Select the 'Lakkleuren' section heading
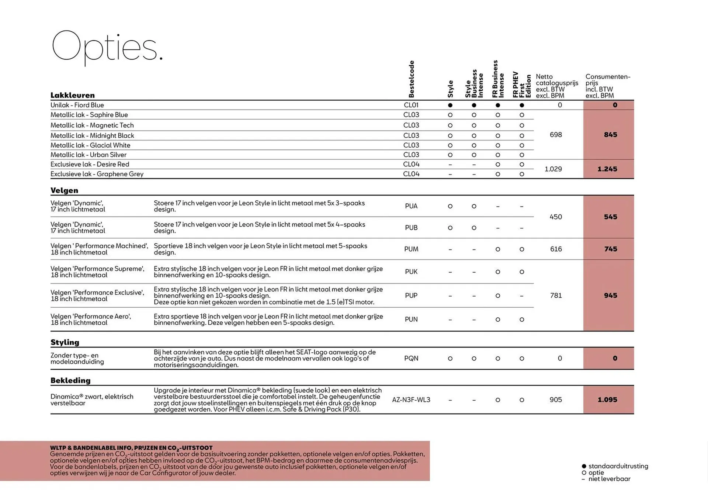tap(73, 95)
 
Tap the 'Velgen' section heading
tap(65, 190)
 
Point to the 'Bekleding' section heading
tap(70, 380)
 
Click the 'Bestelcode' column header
tap(412, 79)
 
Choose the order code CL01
tap(411, 105)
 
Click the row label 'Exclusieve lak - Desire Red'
tap(90, 164)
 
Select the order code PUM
tap(411, 249)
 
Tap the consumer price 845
tap(610, 135)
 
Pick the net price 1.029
tap(553, 169)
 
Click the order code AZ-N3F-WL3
tap(411, 400)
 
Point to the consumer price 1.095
tap(607, 400)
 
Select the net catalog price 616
tap(556, 249)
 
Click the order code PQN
tap(411, 358)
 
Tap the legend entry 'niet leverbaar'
tap(609, 479)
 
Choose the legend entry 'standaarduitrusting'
tap(618, 466)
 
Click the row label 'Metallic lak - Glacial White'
tap(90, 145)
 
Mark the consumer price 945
tap(610, 296)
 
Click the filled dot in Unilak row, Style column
tap(450, 105)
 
